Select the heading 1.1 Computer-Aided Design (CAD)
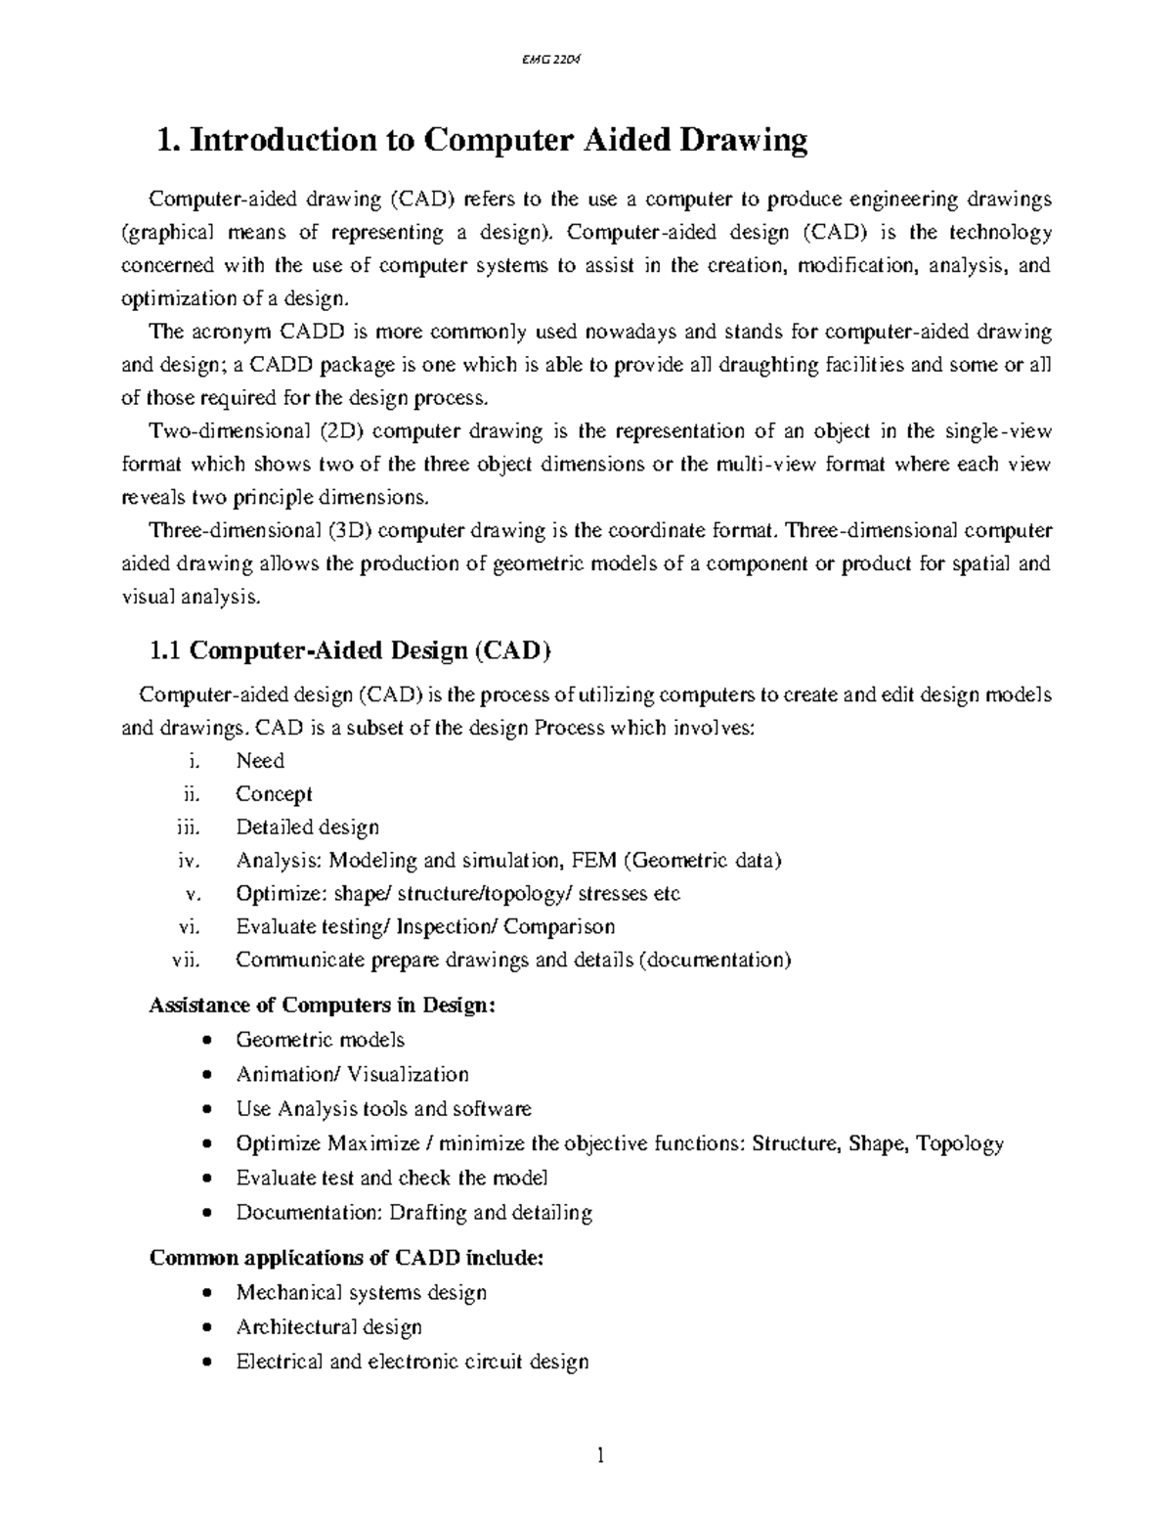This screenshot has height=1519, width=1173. click(349, 650)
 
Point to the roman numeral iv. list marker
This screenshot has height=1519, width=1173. click(189, 861)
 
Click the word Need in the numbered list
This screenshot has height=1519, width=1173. click(260, 761)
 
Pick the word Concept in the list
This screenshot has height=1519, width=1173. click(274, 794)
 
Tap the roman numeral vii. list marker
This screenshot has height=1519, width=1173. click(186, 960)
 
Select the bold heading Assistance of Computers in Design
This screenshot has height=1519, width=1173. click(322, 1005)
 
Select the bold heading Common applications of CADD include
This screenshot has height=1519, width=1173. click(345, 1258)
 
